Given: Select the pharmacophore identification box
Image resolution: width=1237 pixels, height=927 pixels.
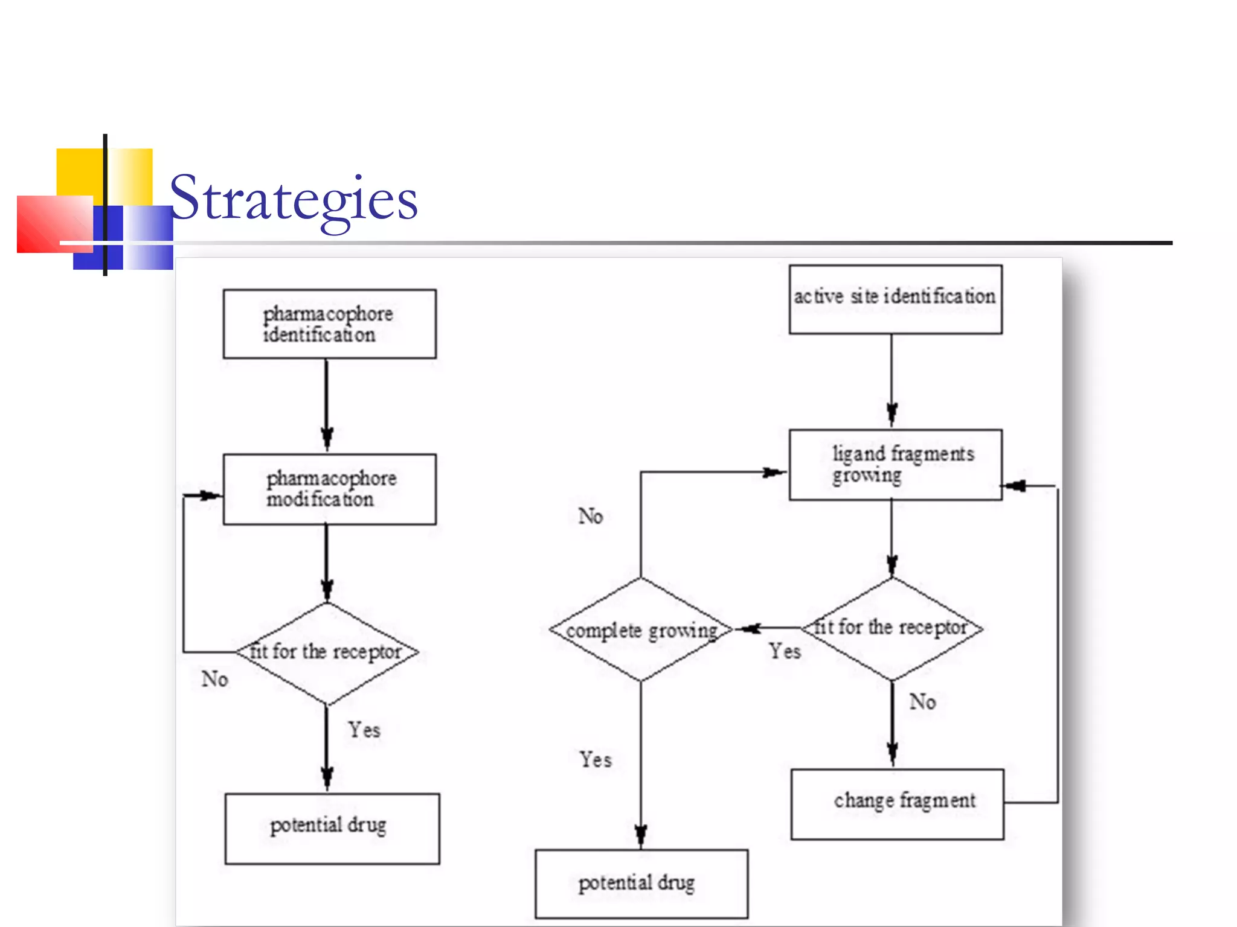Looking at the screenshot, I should click(x=329, y=324).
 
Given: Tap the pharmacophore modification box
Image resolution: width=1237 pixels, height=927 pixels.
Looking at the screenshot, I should click(x=329, y=489).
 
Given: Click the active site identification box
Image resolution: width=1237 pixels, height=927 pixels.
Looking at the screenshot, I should click(x=895, y=299).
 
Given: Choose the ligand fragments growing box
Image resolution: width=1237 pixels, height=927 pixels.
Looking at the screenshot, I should click(x=895, y=465).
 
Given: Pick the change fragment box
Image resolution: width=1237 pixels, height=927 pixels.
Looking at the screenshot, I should click(x=898, y=804).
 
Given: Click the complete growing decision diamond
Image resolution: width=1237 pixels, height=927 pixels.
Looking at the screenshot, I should click(x=641, y=629).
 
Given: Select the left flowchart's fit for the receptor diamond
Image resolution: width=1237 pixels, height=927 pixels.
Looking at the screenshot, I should click(x=327, y=652).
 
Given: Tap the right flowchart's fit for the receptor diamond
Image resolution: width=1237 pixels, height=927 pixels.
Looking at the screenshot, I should click(x=892, y=628).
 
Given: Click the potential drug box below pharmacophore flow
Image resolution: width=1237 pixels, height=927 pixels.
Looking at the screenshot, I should click(x=332, y=829).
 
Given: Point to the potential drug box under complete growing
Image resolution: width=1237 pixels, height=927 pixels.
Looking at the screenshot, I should click(x=641, y=884).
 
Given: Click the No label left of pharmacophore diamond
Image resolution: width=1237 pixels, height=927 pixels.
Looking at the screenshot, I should click(x=214, y=679).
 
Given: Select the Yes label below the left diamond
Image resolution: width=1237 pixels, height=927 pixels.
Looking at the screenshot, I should click(x=364, y=730).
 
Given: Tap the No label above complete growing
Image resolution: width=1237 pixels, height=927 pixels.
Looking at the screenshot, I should click(x=590, y=516).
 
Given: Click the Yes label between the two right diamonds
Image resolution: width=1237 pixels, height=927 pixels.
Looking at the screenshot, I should click(x=785, y=651).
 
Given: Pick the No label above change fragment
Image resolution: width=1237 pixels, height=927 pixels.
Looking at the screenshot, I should click(x=922, y=701).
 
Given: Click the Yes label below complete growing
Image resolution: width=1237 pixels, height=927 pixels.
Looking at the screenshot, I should click(x=596, y=759).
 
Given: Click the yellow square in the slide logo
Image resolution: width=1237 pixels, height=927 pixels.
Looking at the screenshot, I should click(x=79, y=171).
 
